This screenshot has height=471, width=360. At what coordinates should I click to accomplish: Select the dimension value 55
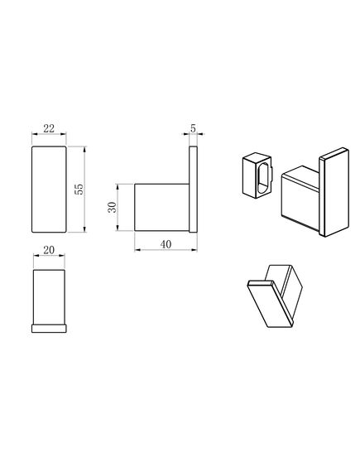pos(79,190)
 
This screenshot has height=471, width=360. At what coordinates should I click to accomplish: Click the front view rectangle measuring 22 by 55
pos(48,190)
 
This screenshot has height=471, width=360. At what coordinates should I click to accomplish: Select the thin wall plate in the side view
pos(193,190)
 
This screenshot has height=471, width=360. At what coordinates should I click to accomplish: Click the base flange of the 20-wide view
pos(48,327)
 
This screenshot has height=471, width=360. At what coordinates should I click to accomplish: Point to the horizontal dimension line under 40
pos(166,235)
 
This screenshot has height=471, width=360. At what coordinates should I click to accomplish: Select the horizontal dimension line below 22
pos(48,137)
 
